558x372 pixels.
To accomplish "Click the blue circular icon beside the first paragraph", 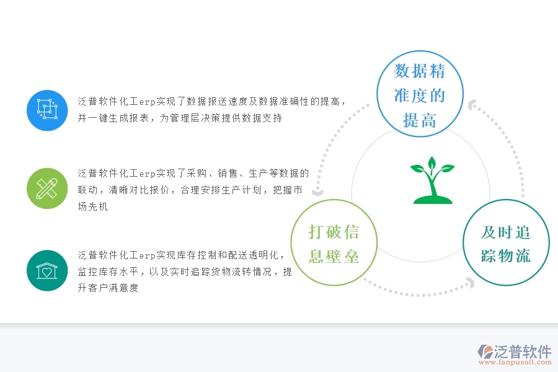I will point(47,110).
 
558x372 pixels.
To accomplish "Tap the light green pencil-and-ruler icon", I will point(47,188).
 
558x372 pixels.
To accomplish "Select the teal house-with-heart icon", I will point(47,270).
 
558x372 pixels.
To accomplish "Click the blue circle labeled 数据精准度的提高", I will point(420,95).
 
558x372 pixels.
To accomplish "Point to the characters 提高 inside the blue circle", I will point(420,120).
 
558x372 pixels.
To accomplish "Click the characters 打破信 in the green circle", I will point(334,232).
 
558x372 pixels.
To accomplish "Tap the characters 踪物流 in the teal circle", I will point(506,255).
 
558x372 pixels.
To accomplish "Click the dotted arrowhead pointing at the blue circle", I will point(472,105).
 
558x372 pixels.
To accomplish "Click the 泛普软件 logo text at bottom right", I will point(522,352).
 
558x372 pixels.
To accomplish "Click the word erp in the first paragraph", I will point(147,102).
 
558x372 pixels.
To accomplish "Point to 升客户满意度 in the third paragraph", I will point(108,288).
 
